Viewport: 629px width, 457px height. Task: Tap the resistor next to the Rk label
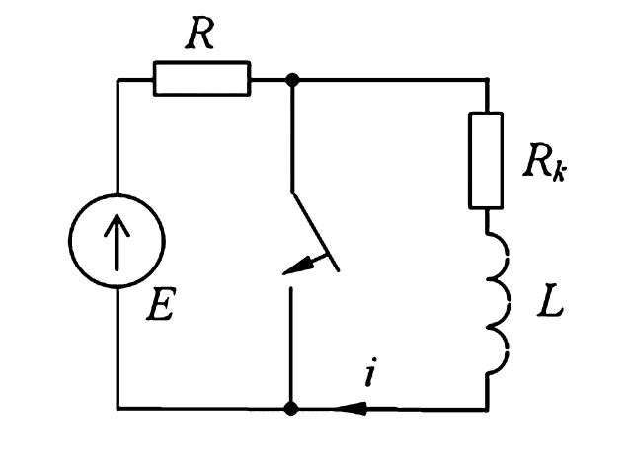pos(486,160)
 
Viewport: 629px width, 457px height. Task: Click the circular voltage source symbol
pos(118,241)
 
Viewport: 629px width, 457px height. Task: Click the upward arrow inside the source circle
pos(118,241)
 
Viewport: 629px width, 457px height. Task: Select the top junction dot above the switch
pos(291,79)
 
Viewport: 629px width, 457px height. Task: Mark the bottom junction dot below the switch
pos(291,407)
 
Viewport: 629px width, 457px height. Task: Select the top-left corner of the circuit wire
pos(118,79)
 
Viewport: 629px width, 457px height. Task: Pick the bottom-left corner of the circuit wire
pos(118,407)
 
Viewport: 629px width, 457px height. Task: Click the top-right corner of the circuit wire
pos(486,79)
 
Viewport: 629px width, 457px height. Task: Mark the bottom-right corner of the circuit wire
pos(486,407)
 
